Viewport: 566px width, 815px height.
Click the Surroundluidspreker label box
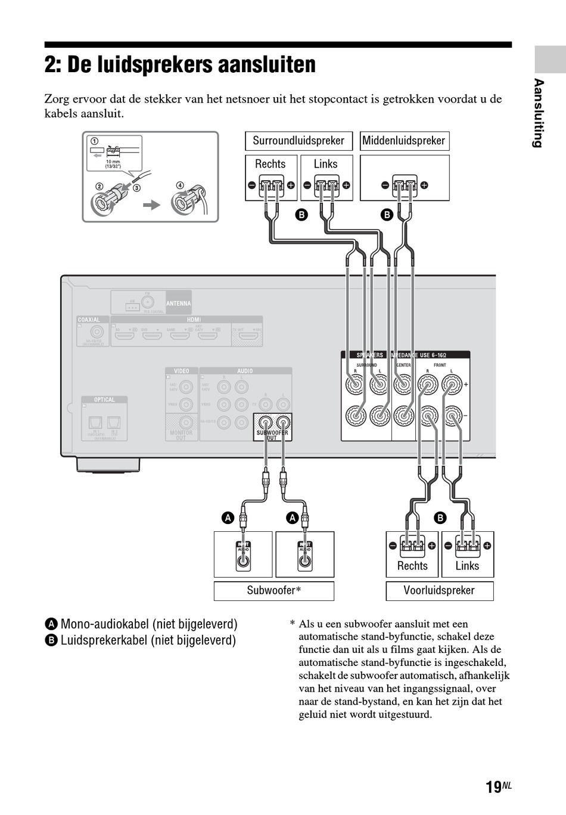(x=298, y=141)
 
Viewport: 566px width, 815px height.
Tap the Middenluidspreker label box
(x=404, y=141)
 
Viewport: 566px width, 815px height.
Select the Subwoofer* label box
(x=273, y=591)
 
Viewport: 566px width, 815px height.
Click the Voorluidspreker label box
(x=439, y=591)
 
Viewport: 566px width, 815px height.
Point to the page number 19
(x=493, y=788)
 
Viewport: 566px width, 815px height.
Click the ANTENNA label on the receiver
(x=178, y=303)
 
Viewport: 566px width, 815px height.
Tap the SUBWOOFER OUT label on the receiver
(x=272, y=435)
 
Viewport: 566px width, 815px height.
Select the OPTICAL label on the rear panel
(x=104, y=400)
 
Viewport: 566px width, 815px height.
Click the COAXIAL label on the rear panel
(x=89, y=320)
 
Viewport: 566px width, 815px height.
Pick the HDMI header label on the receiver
(x=194, y=320)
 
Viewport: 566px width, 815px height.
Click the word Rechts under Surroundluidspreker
(x=270, y=164)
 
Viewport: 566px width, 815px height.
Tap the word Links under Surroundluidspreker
(x=325, y=164)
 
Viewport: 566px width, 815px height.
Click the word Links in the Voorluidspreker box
(x=467, y=566)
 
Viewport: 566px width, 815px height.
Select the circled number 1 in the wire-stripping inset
(x=94, y=141)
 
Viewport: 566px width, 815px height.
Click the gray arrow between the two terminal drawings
(x=153, y=205)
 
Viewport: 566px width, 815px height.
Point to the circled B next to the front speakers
(x=440, y=518)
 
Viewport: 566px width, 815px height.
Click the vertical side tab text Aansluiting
(x=539, y=113)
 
